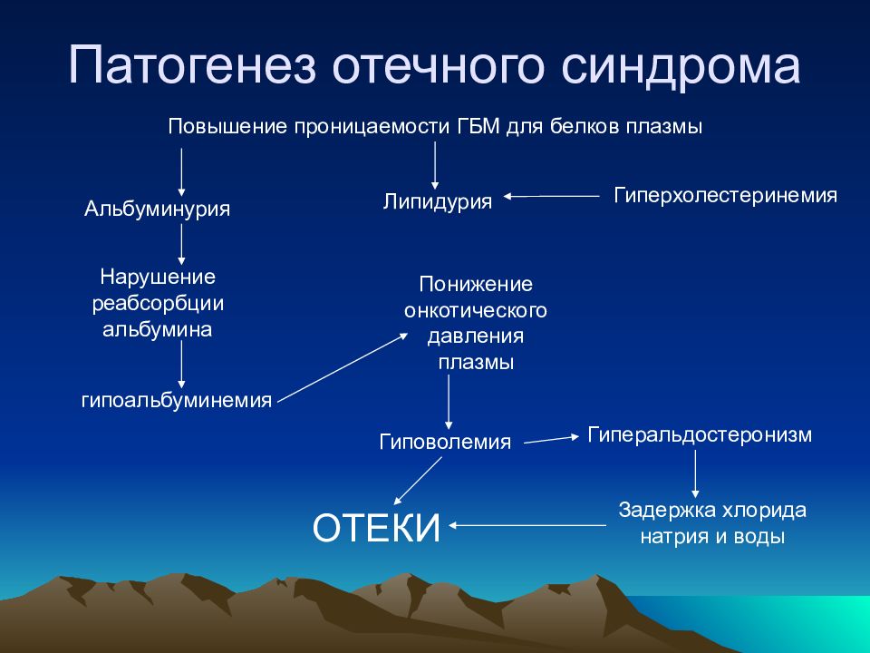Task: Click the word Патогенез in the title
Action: pyautogui.click(x=192, y=64)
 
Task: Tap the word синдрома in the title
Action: pyautogui.click(x=681, y=64)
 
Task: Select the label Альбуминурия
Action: pyautogui.click(x=157, y=209)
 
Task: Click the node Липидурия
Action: pyautogui.click(x=437, y=201)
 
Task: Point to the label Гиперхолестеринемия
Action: pyautogui.click(x=725, y=196)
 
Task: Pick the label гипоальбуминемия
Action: pyautogui.click(x=177, y=400)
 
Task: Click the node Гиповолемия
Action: pyautogui.click(x=445, y=442)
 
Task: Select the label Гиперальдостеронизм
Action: pyautogui.click(x=699, y=434)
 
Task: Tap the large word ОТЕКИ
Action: pyautogui.click(x=377, y=528)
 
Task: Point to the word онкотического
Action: pyautogui.click(x=476, y=310)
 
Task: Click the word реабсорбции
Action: pyautogui.click(x=158, y=304)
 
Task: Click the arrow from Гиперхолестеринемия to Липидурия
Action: pyautogui.click(x=552, y=196)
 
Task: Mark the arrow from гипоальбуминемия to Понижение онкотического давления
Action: pyautogui.click(x=343, y=367)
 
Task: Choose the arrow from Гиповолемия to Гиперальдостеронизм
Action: pyautogui.click(x=552, y=440)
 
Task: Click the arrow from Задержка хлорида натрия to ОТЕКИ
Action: pyautogui.click(x=527, y=525)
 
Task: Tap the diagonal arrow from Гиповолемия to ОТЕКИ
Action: pyautogui.click(x=418, y=481)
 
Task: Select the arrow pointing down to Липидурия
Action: pyautogui.click(x=435, y=166)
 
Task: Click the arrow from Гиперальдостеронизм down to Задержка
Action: pyautogui.click(x=695, y=473)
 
